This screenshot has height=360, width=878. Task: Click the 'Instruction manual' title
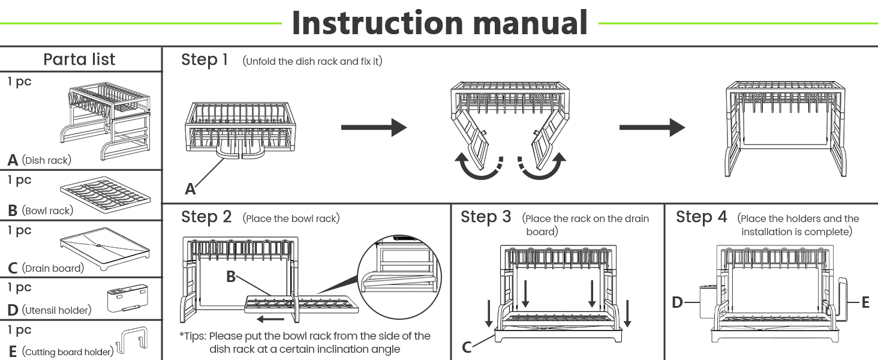pos(440,23)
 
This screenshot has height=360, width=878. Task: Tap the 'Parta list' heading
pos(79,59)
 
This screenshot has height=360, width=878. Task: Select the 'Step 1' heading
pos(205,60)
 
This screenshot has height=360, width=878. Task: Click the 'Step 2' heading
pos(206,217)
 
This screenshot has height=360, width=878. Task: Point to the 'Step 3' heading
pos(486,217)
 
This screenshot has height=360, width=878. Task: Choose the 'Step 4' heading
pos(702,217)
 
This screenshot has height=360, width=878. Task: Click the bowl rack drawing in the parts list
pos(106,194)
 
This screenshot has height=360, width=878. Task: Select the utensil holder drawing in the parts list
pos(128,298)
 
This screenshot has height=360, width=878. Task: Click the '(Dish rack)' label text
pos(47,160)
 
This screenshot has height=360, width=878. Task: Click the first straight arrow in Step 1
pos(374,127)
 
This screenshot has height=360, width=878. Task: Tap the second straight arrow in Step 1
pos(653,127)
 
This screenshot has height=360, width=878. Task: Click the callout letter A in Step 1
pos(190,189)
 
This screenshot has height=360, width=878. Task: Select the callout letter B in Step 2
pos(231,277)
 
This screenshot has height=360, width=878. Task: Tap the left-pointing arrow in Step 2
pos(270,319)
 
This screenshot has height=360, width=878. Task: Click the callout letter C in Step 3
pos(467,347)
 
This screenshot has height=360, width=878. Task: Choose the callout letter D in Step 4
pos(677,302)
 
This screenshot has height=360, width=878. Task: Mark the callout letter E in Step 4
pos(865,302)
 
